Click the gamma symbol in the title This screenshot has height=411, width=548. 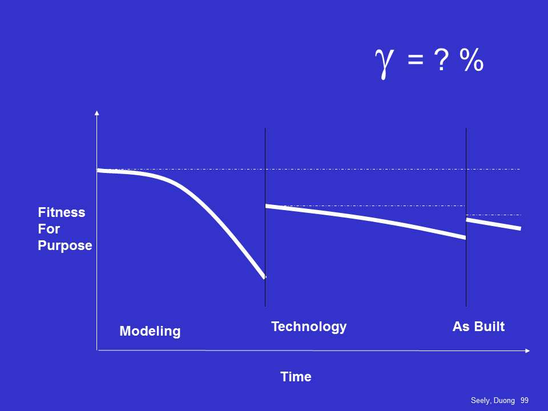pos(384,63)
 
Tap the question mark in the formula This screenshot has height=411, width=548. pos(441,60)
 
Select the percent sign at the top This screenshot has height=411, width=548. pos(472,60)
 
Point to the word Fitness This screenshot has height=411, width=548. pos(62,212)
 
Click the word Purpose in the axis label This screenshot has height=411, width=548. pos(65,245)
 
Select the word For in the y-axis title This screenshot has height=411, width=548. pos(49,229)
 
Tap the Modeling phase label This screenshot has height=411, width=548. pos(150,331)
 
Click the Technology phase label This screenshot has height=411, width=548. pos(309,327)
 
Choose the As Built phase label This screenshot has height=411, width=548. pos(478,327)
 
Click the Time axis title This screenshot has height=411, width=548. pos(296,377)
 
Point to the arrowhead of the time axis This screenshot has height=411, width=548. pos(527,350)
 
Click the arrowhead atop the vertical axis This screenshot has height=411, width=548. pos(97,113)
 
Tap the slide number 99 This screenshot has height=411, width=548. pos(524,401)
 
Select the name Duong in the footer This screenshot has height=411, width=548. pos(504,401)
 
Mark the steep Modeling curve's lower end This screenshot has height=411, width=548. pos(265,278)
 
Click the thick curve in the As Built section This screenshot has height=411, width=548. pos(493,224)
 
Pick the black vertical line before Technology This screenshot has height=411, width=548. pos(265,217)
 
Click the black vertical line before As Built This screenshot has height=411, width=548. pos(466,217)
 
